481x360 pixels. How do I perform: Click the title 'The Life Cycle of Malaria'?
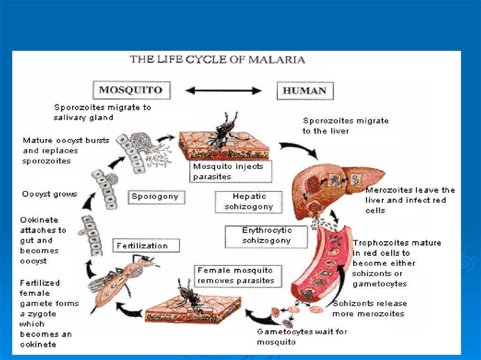(217, 60)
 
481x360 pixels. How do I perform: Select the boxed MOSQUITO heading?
(130, 90)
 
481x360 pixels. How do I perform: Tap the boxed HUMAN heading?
(304, 91)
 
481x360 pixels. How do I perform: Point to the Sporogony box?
(155, 197)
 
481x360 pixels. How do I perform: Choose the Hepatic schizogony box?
(249, 201)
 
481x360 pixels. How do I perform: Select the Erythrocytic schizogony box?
(267, 236)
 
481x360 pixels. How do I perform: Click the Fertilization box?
(142, 245)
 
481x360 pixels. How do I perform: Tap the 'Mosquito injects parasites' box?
(232, 171)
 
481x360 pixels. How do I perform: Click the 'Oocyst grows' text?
(50, 194)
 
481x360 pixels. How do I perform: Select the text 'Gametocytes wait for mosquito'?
(302, 337)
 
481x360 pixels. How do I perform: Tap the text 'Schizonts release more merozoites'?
(369, 308)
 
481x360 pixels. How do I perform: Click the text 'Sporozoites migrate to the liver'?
(346, 126)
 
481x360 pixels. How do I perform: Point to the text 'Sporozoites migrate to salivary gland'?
(102, 112)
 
